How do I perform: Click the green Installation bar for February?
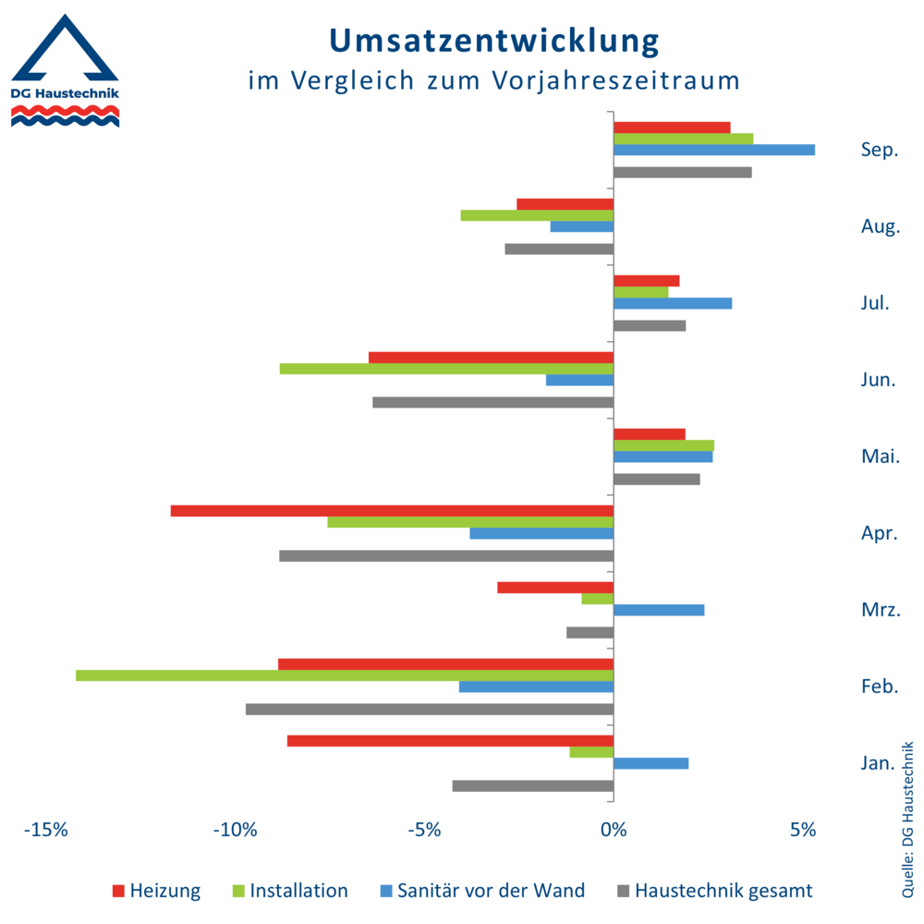point(345,675)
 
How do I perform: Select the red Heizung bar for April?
point(392,511)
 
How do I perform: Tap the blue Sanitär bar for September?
point(714,150)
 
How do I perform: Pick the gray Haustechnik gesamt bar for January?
point(533,785)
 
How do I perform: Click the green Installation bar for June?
point(446,369)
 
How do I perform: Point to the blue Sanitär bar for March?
point(659,610)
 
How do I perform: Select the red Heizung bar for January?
point(450,741)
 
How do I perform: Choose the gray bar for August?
point(559,249)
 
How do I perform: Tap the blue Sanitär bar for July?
point(673,303)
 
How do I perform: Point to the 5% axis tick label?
point(803,830)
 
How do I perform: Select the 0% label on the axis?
point(614,830)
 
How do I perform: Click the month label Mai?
point(879,456)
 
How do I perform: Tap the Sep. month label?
point(879,150)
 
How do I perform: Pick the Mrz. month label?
point(879,610)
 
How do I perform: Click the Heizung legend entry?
point(156,891)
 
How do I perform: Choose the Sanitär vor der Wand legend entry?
point(481,891)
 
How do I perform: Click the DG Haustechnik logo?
point(64,70)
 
